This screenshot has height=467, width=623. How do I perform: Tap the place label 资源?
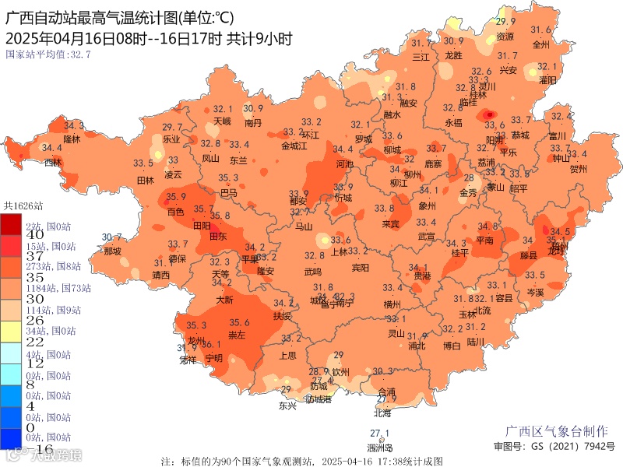point(505,37)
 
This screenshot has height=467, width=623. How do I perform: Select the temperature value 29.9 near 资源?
point(506,21)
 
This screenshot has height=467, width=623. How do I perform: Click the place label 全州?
point(540,44)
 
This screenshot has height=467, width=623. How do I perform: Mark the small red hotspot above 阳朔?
point(490,115)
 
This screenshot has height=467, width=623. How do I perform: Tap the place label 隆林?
point(72,139)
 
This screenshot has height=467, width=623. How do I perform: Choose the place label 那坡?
point(112,251)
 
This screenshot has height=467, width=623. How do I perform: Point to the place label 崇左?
point(236,335)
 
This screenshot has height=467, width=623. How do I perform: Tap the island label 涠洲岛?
point(380,448)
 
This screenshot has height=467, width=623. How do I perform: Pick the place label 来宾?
point(390,224)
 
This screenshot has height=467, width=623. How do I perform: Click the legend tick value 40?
point(34,234)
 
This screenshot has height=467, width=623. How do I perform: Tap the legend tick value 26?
point(34,320)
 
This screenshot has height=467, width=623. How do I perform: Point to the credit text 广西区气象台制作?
point(557,431)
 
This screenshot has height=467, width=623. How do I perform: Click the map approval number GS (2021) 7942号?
point(554,447)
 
